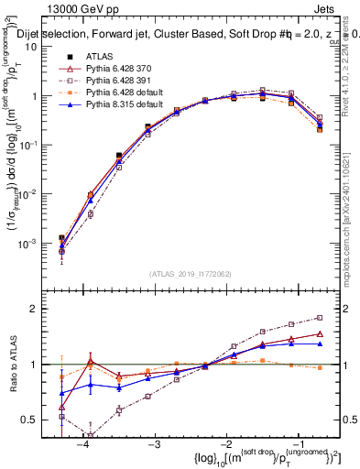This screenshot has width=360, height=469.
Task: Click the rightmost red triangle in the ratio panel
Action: click(319, 334)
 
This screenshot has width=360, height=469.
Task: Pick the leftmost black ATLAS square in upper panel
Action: click(61, 238)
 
